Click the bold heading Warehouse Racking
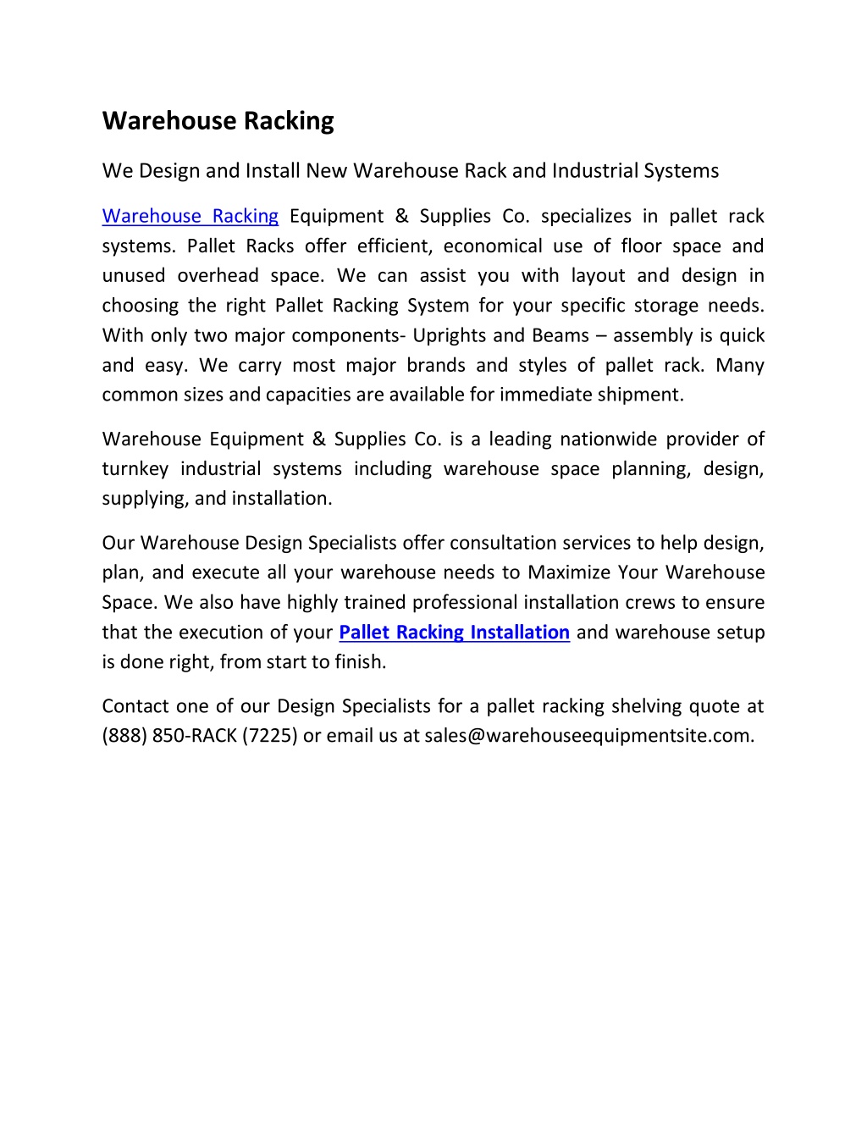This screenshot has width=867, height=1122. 218,121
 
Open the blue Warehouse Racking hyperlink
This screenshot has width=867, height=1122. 190,216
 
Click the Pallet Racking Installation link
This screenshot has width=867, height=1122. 454,633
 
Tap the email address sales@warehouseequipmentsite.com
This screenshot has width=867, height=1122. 588,736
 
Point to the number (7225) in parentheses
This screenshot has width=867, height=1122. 270,736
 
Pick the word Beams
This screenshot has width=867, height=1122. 561,335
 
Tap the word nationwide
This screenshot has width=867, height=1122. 607,439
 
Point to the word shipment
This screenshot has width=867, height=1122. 644,395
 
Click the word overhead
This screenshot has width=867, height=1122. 218,276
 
